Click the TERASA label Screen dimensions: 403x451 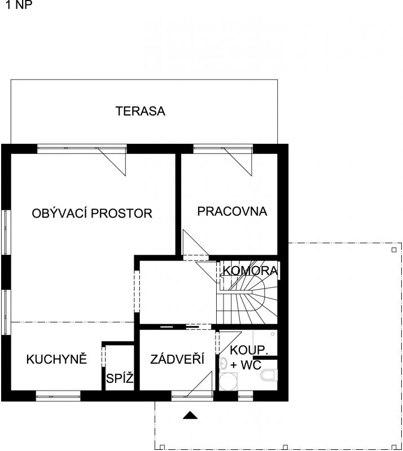click(141, 111)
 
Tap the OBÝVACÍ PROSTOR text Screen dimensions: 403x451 click(92, 214)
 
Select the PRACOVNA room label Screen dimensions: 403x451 click(232, 211)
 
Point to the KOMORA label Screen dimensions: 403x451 click(250, 271)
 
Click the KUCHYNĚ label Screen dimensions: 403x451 click(57, 359)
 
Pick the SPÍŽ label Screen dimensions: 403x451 click(120, 378)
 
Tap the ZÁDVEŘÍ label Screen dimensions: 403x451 click(177, 359)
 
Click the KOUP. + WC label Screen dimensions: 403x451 click(248, 357)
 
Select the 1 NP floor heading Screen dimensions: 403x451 click(19, 5)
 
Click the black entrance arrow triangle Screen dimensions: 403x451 click(190, 415)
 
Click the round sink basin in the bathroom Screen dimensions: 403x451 click(224, 364)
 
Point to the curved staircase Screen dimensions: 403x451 click(248, 299)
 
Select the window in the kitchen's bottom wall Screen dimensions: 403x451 click(58, 396)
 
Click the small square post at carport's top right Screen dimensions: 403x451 click(394, 250)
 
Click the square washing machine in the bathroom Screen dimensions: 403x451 click(228, 382)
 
